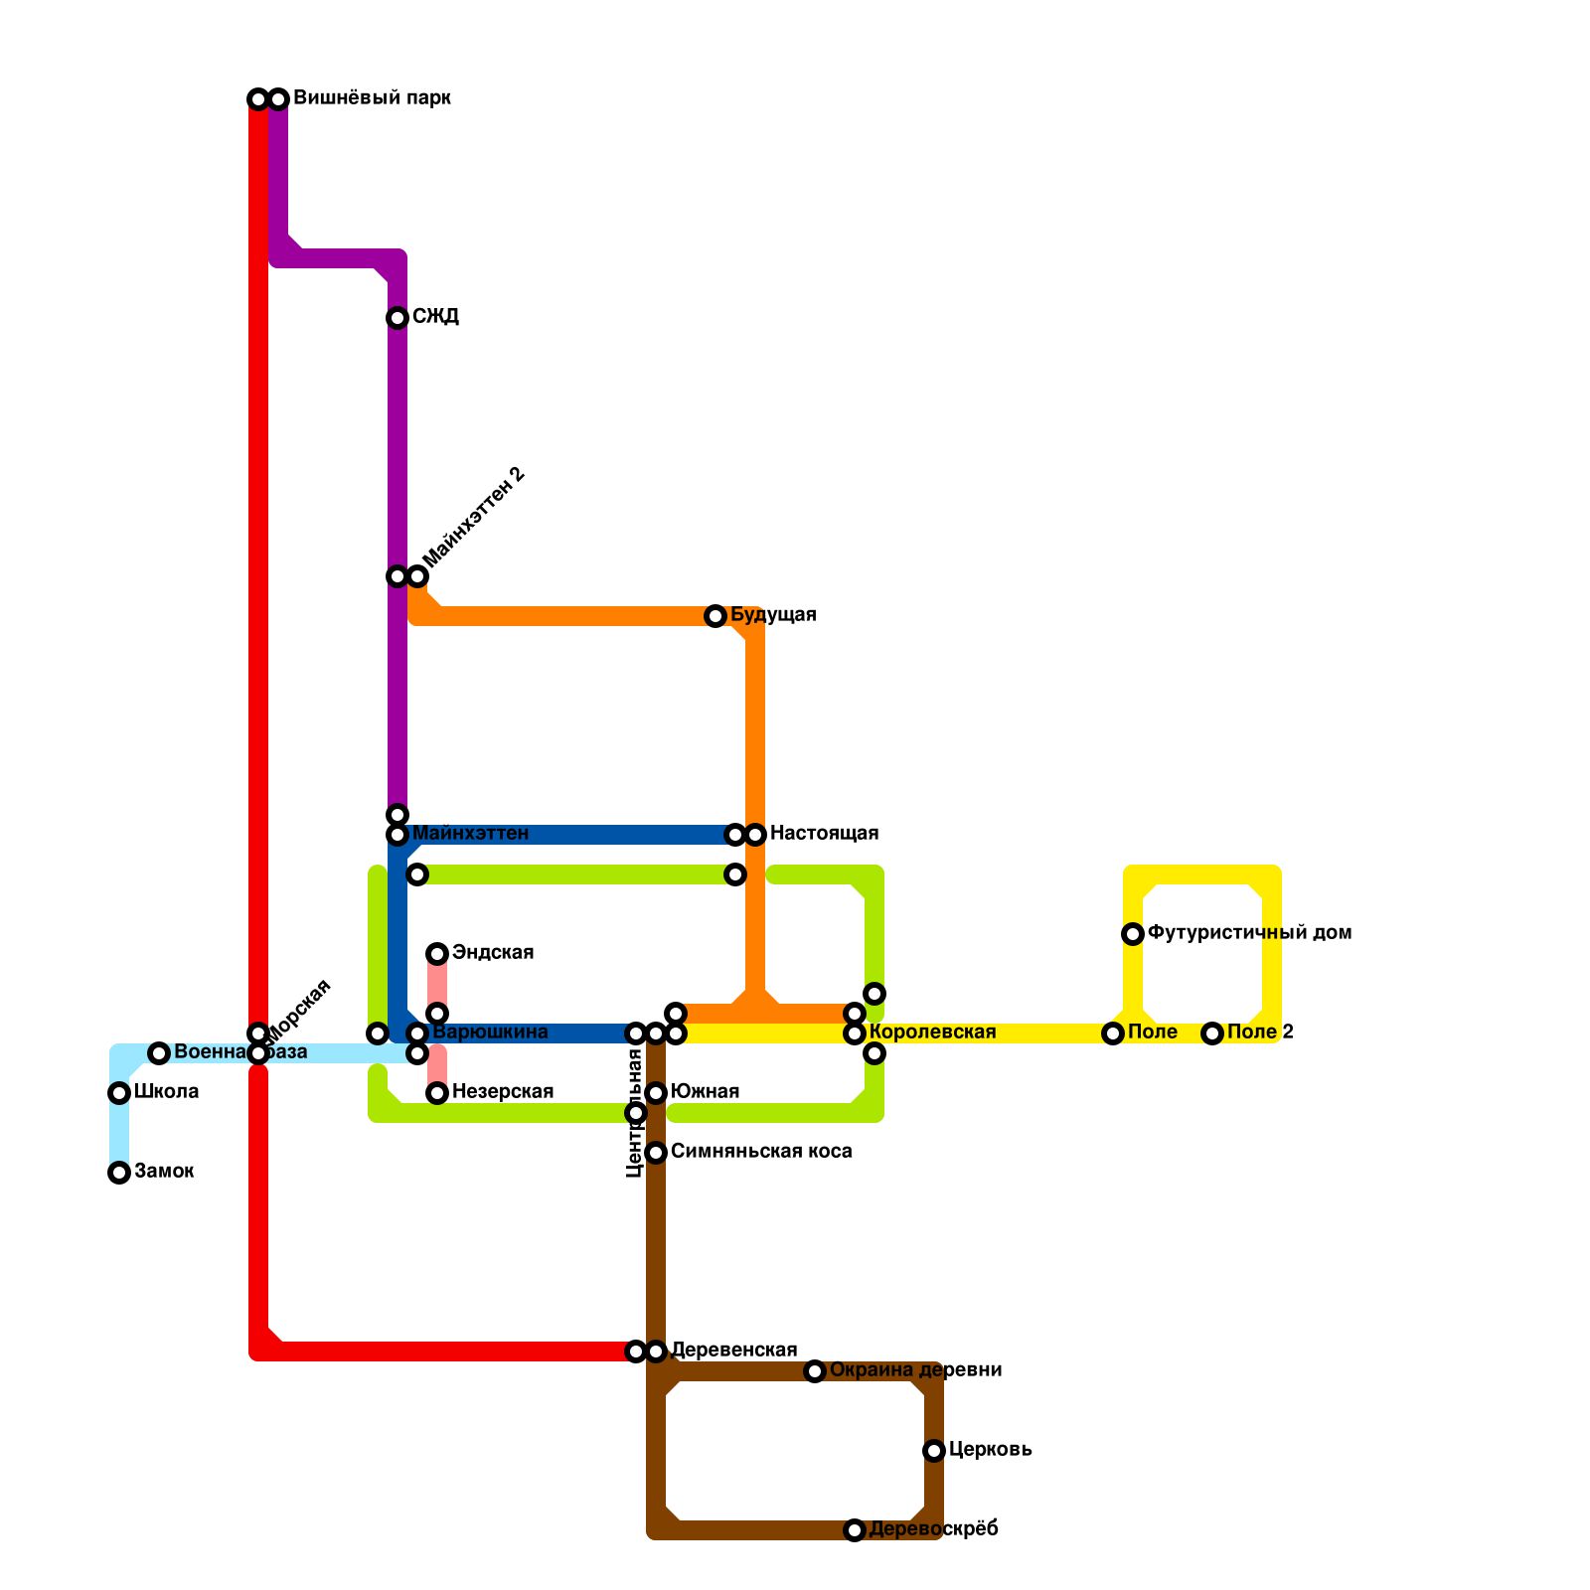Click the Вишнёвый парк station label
pyautogui.click(x=372, y=98)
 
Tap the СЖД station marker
pyautogui.click(x=397, y=318)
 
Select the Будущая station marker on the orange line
pyautogui.click(x=715, y=616)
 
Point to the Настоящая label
pyautogui.click(x=824, y=834)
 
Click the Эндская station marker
pyautogui.click(x=437, y=954)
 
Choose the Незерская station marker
pyautogui.click(x=437, y=1093)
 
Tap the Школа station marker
pyautogui.click(x=119, y=1093)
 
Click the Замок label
pyautogui.click(x=164, y=1172)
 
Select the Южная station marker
pyautogui.click(x=656, y=1093)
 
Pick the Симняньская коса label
pyautogui.click(x=760, y=1152)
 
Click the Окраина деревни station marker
pyautogui.click(x=815, y=1371)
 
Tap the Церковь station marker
pyautogui.click(x=934, y=1451)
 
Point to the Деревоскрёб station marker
pyautogui.click(x=855, y=1530)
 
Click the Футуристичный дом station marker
pyautogui.click(x=1133, y=934)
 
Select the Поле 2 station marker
pyautogui.click(x=1212, y=1033)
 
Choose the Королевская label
pyautogui.click(x=932, y=1033)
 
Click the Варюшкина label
pyautogui.click(x=490, y=1033)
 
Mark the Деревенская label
pyautogui.click(x=733, y=1351)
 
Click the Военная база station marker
pyautogui.click(x=159, y=1053)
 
